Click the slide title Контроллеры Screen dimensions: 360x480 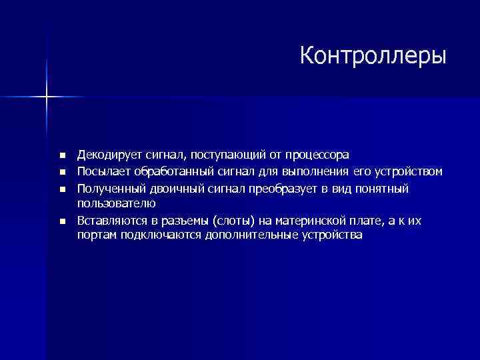tap(373, 56)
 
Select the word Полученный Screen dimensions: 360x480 tap(108, 189)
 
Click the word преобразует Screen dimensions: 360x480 tap(282, 189)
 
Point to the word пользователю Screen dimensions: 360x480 tap(117, 203)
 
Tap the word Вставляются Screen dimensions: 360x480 tap(111, 221)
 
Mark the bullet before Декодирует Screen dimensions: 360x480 tap(62, 156)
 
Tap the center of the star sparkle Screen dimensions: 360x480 tap(47, 97)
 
